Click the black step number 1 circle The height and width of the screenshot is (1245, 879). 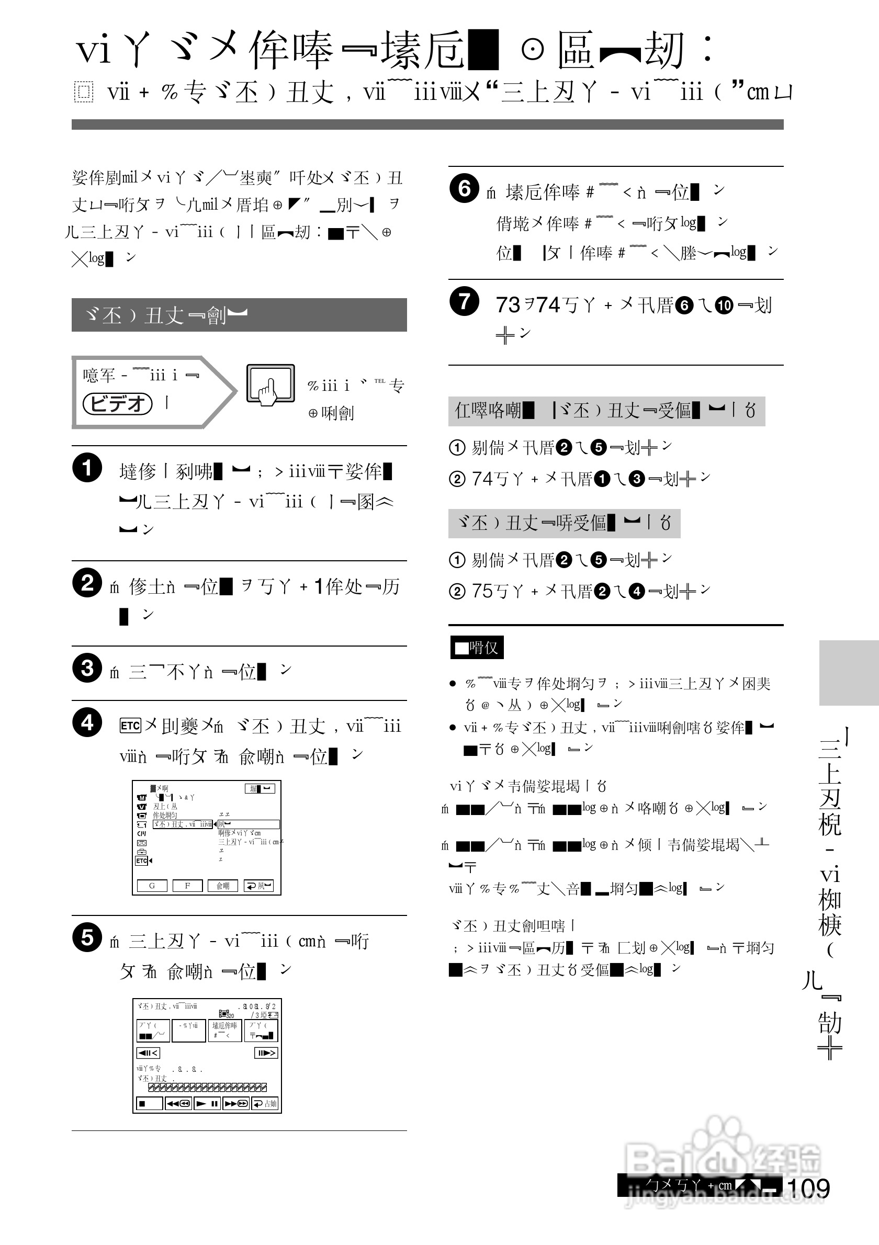[x=87, y=468]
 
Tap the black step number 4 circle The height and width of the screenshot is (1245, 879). [x=87, y=722]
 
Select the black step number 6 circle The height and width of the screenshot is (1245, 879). [x=464, y=188]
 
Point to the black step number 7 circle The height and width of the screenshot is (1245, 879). [x=464, y=301]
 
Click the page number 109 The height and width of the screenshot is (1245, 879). [x=808, y=1189]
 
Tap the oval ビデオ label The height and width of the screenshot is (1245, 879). [x=117, y=403]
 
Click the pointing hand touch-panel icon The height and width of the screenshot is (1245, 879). [x=270, y=384]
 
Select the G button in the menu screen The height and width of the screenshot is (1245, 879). [x=152, y=886]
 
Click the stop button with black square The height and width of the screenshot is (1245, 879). [x=149, y=1103]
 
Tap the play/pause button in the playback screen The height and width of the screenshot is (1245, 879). [x=207, y=1103]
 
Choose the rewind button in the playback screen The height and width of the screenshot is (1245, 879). [x=178, y=1103]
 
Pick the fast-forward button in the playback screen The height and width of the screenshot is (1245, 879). [x=236, y=1103]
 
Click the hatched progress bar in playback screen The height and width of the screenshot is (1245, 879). [x=207, y=1087]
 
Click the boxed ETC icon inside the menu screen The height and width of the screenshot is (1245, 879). [x=141, y=861]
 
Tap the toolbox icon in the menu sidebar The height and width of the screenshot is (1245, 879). [x=141, y=852]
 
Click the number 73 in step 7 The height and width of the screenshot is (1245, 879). [x=508, y=305]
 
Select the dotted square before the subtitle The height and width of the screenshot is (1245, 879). [x=83, y=92]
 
